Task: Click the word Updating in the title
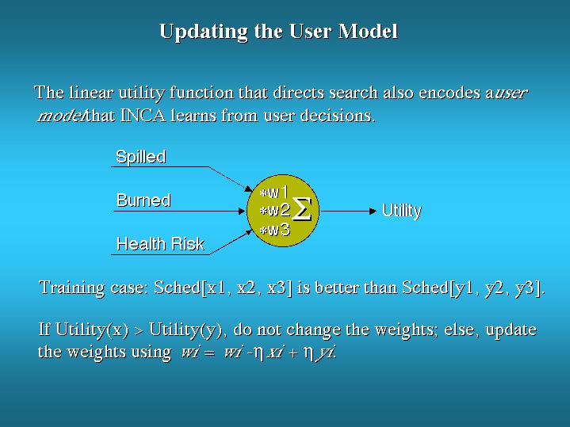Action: (204, 32)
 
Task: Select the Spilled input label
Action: (141, 157)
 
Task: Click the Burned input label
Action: (143, 200)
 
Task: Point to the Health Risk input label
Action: (160, 243)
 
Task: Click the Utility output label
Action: (402, 211)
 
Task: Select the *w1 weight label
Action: (274, 192)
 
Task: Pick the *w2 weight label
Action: (275, 210)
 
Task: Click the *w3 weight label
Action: (275, 230)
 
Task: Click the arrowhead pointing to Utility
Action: (373, 211)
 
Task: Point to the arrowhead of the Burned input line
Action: (241, 211)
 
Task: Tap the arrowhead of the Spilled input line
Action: (249, 189)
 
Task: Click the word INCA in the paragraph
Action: (143, 116)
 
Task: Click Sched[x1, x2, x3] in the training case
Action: (224, 288)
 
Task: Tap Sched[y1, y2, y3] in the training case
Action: (472, 288)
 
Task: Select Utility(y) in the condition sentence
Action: (186, 330)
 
